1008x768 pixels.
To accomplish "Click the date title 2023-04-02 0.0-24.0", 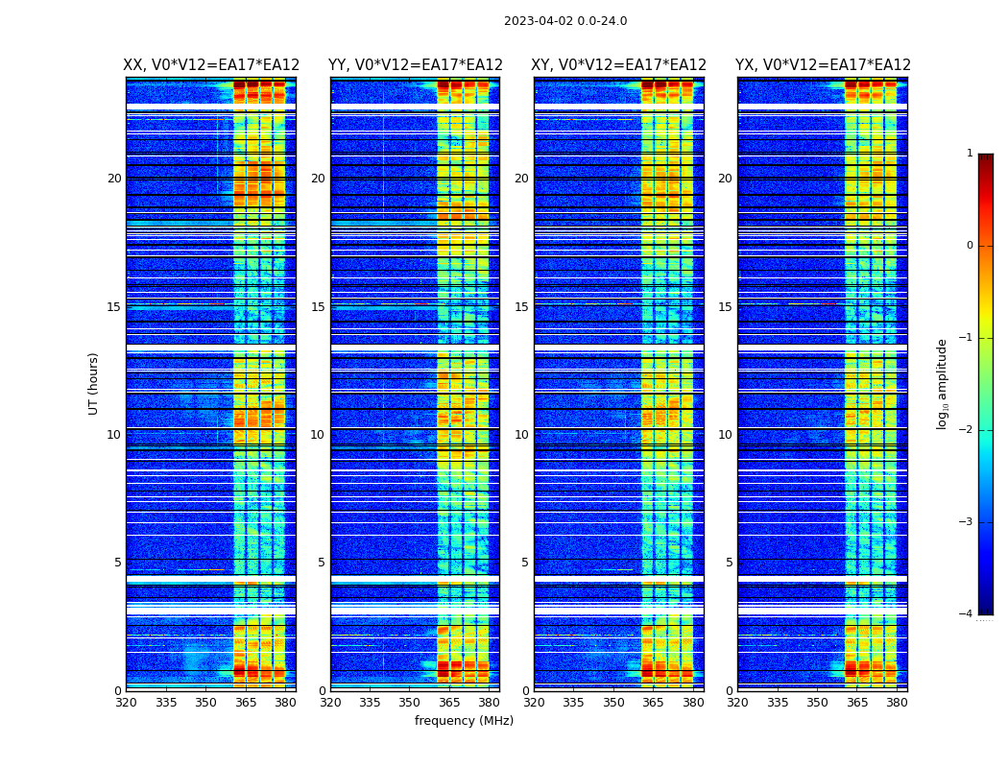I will pos(565,21).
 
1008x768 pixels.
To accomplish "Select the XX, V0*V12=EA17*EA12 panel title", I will pos(211,65).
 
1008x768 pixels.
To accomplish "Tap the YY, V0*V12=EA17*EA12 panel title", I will pos(416,65).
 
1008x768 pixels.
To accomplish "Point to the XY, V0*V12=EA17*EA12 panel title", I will pos(619,65).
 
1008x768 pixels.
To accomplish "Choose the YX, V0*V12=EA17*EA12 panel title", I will pos(823,65).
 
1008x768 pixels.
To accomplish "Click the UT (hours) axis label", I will pos(94,383).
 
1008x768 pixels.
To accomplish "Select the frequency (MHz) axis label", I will pos(464,721).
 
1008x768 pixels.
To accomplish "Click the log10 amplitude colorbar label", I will pos(943,383).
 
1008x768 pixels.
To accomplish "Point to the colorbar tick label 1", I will pos(970,154).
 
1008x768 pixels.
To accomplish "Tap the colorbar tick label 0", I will pos(970,246).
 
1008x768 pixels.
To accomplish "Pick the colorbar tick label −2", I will pos(967,430).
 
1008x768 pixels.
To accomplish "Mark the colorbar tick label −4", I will pos(967,614).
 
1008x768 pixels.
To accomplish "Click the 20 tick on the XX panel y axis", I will pos(114,179).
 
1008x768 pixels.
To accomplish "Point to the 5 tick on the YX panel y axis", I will pos(729,563).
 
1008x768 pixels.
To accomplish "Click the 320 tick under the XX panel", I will pos(126,703).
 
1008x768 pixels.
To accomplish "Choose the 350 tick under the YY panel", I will pos(410,703).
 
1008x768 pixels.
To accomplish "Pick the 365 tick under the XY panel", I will pos(653,703).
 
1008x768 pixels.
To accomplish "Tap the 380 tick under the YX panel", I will pos(897,703).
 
